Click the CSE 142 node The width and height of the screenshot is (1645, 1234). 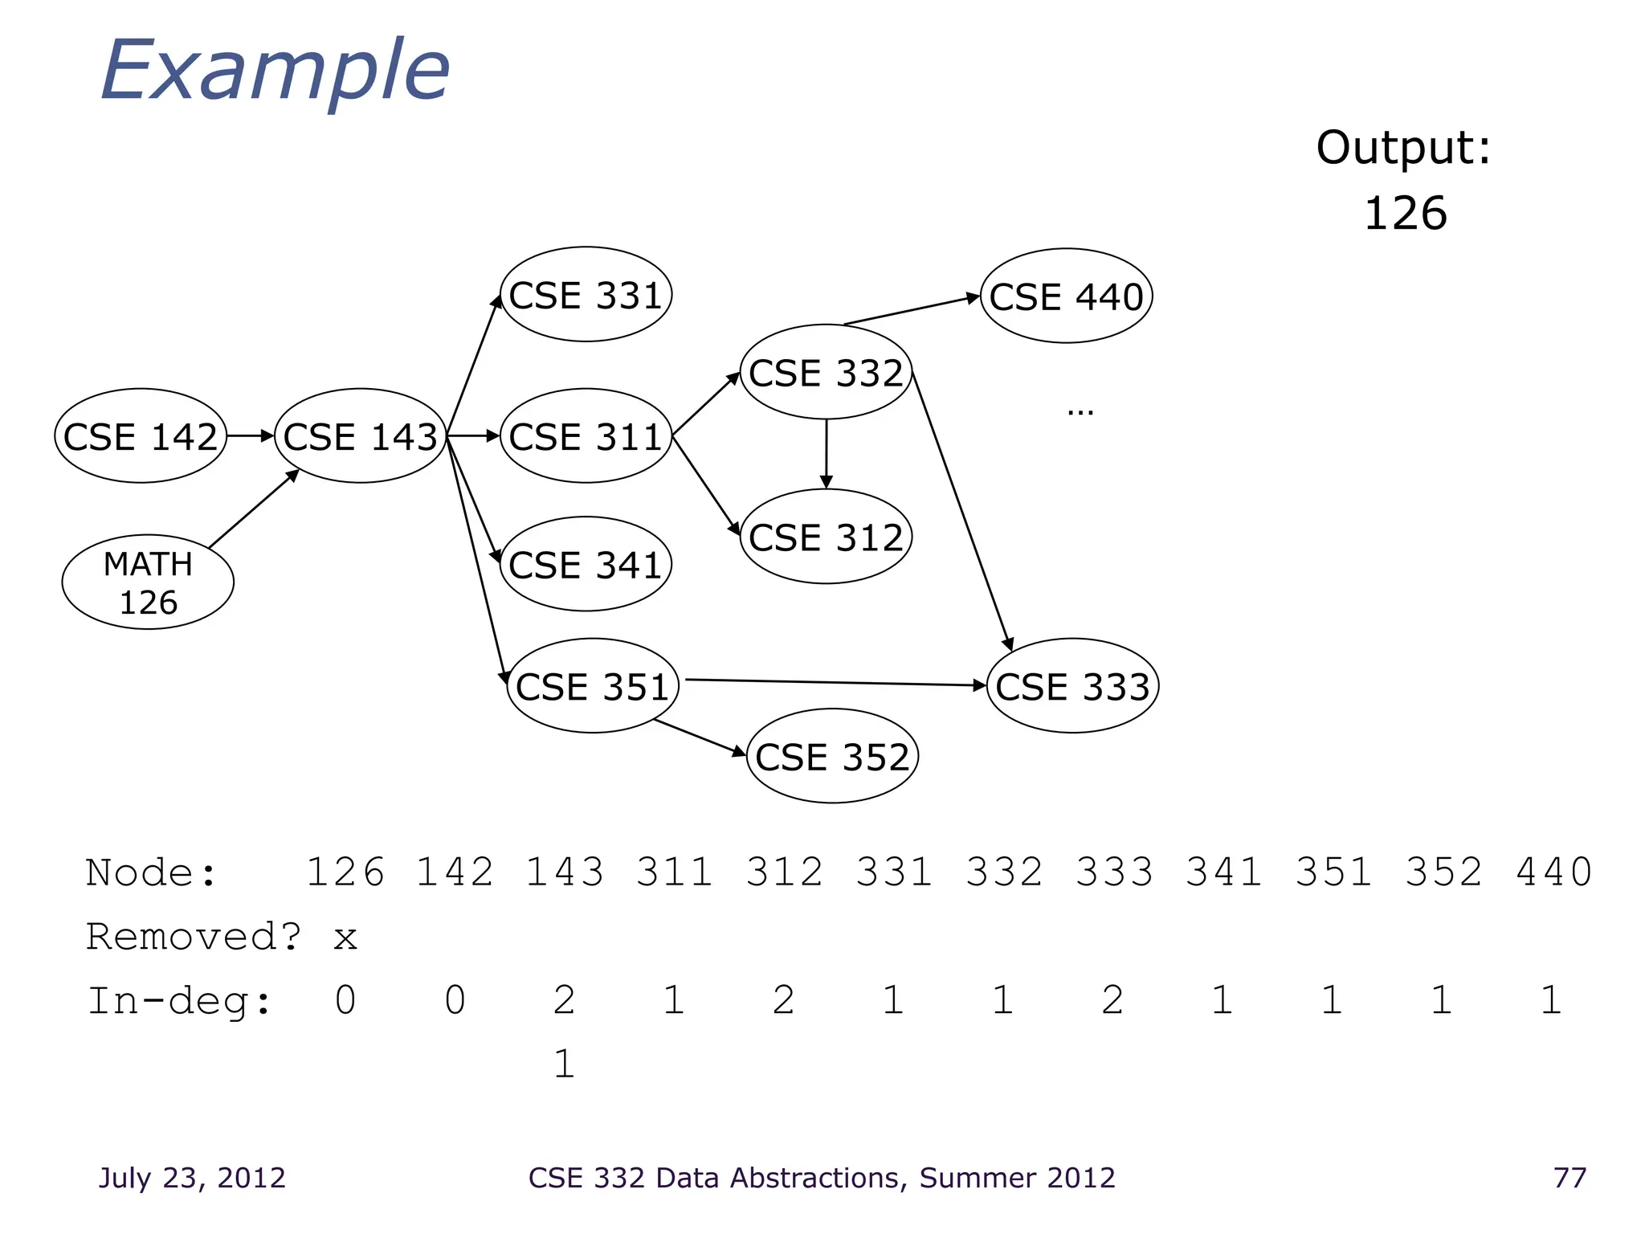(x=141, y=436)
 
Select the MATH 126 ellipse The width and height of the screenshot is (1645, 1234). (x=148, y=582)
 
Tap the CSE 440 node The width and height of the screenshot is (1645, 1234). (x=1066, y=296)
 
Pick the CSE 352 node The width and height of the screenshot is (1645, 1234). (x=832, y=757)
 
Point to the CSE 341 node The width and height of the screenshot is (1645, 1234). (x=586, y=565)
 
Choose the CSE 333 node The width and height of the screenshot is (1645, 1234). (x=1072, y=686)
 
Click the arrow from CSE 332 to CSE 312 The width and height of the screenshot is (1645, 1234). (x=827, y=454)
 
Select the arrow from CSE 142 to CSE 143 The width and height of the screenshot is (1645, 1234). (x=250, y=436)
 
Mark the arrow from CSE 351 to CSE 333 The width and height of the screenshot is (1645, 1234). (x=835, y=683)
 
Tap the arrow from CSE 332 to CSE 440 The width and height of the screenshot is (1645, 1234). (x=912, y=310)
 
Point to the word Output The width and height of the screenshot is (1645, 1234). (x=1402, y=148)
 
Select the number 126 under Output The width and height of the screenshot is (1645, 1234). (x=1406, y=214)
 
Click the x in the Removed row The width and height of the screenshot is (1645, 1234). (x=345, y=938)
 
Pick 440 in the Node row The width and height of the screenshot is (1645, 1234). (x=1553, y=872)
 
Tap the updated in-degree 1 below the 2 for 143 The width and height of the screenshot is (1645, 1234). (x=565, y=1064)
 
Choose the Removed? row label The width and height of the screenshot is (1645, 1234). (x=194, y=937)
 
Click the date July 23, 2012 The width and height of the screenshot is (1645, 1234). (x=192, y=1178)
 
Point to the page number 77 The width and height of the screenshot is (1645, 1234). (x=1569, y=1178)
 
